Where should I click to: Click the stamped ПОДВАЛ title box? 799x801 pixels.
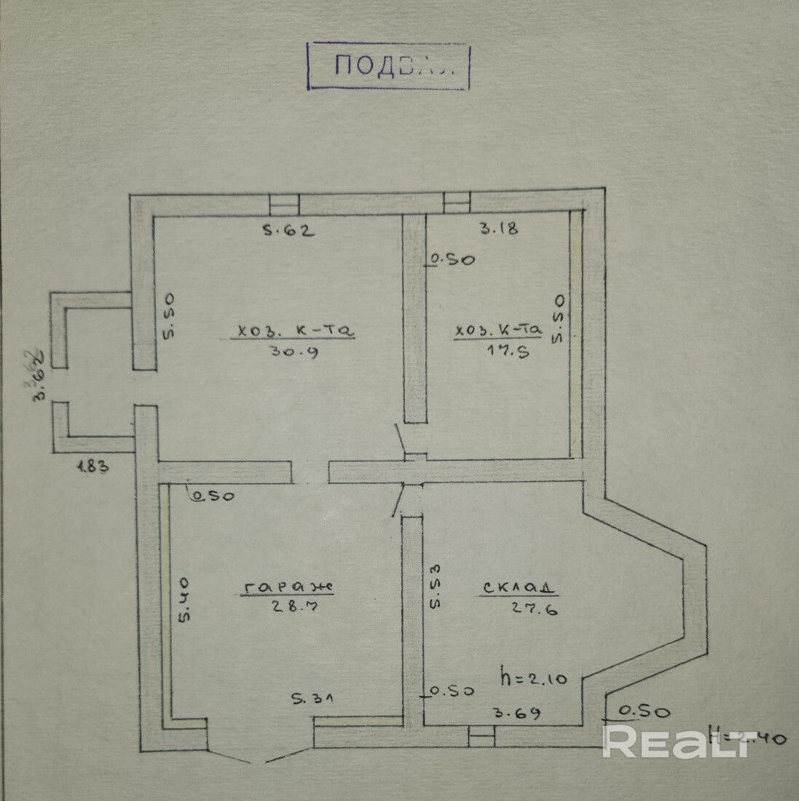389,66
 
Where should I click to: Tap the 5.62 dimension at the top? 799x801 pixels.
288,232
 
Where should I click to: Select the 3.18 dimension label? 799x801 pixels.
498,228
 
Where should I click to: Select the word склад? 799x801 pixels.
517,588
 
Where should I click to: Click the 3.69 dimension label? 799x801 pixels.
519,714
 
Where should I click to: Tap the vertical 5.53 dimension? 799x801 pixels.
434,585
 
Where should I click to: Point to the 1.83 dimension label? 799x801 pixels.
93,468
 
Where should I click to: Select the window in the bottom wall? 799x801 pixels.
481,737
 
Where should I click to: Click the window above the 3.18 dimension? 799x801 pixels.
457,202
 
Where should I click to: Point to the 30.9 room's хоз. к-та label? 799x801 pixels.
294,332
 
